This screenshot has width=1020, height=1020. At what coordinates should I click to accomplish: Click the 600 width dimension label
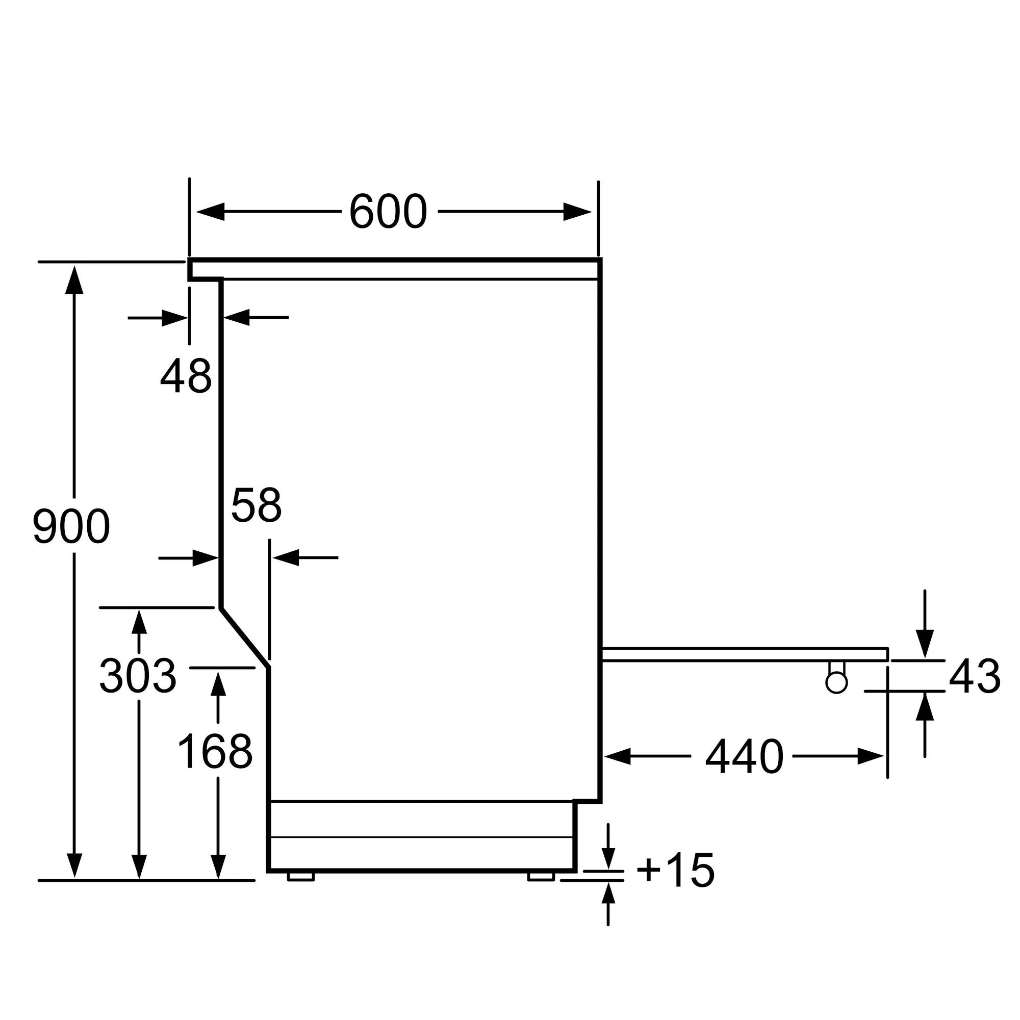pyautogui.click(x=388, y=211)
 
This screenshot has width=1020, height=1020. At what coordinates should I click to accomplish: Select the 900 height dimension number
pyautogui.click(x=71, y=526)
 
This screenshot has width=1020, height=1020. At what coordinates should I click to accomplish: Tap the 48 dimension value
pyautogui.click(x=186, y=375)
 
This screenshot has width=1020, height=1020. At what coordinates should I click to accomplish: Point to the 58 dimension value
pyautogui.click(x=257, y=505)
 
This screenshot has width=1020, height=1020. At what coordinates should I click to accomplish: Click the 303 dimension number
pyautogui.click(x=138, y=676)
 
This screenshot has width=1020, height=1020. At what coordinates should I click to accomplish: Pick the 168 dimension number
pyautogui.click(x=215, y=751)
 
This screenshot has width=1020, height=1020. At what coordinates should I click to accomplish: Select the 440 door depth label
pyautogui.click(x=745, y=756)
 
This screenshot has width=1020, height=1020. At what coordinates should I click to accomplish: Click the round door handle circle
pyautogui.click(x=836, y=683)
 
